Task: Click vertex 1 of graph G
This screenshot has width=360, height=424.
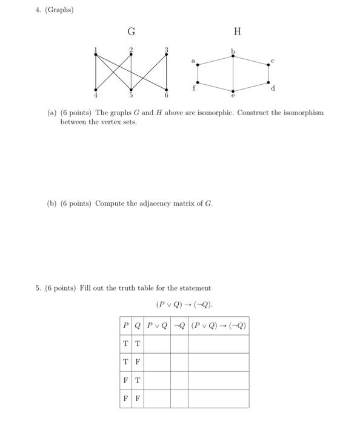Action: [96, 55]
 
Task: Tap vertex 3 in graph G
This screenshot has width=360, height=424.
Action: [167, 55]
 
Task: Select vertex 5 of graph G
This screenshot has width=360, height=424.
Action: [131, 90]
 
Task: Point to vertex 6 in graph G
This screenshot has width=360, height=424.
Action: [167, 90]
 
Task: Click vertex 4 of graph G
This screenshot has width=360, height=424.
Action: [96, 90]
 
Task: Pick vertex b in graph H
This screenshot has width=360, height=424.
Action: [233, 56]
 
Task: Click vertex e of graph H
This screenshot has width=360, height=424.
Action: [233, 90]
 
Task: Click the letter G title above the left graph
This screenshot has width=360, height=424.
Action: [131, 31]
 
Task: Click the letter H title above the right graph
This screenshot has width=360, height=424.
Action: [237, 31]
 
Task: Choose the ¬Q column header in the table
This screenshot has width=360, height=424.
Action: [179, 325]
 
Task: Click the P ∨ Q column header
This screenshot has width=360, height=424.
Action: [156, 325]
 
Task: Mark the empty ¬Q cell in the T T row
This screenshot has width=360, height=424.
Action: [179, 343]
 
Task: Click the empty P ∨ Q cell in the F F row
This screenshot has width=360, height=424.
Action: [156, 399]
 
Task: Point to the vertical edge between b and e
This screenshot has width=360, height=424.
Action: [233, 73]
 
